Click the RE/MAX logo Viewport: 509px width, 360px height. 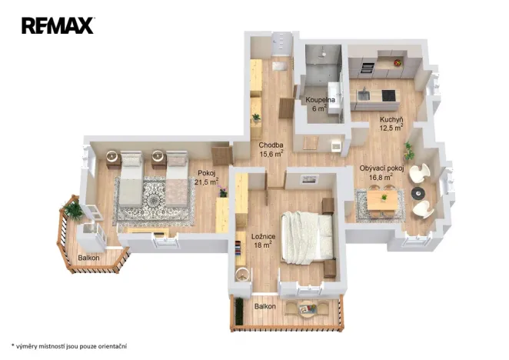(58, 26)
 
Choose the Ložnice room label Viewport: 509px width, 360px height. (263, 240)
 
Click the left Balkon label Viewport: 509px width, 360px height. (88, 258)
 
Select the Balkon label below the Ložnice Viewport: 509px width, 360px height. (266, 307)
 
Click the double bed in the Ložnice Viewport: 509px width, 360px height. (308, 234)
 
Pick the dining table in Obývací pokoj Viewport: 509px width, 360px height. (381, 200)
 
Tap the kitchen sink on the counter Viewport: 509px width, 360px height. (363, 95)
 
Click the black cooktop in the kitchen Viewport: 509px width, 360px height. (388, 95)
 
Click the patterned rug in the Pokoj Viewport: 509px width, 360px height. (152, 202)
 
